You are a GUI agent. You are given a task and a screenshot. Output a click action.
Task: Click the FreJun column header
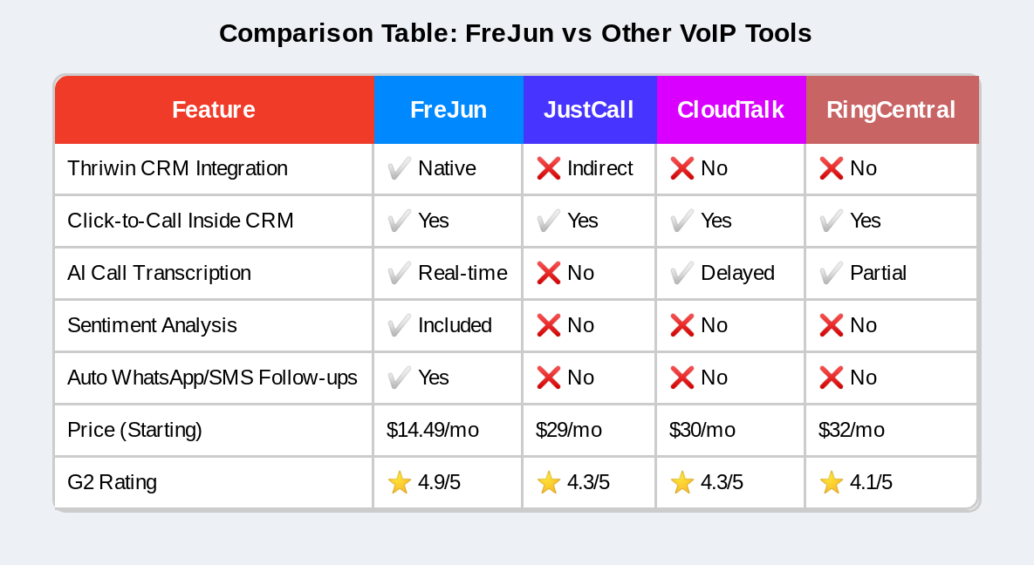click(x=449, y=110)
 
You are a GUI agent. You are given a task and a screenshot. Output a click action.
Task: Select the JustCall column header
click(x=588, y=110)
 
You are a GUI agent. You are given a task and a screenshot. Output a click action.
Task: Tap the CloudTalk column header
click(x=730, y=110)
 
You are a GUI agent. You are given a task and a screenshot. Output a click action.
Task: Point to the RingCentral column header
click(x=890, y=110)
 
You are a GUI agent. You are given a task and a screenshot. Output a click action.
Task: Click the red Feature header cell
click(x=214, y=110)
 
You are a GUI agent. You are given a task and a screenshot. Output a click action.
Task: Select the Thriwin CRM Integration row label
click(x=177, y=168)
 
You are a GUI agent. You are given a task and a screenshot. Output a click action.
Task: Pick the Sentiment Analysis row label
click(x=152, y=325)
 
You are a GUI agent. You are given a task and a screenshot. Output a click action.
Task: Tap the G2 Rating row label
click(x=112, y=482)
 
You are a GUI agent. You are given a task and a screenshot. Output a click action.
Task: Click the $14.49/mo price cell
click(x=433, y=430)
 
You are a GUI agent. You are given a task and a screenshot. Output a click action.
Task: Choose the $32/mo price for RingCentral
click(x=852, y=430)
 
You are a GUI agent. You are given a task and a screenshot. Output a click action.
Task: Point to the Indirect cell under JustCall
click(x=599, y=168)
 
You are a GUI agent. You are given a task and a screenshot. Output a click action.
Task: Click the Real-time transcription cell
click(x=462, y=273)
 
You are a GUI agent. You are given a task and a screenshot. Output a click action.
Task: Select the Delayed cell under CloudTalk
click(x=737, y=273)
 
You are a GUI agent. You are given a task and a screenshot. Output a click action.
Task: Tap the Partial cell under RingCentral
click(x=878, y=273)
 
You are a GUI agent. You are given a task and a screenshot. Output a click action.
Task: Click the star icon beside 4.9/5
click(x=400, y=482)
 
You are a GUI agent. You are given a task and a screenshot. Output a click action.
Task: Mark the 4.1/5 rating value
click(x=871, y=482)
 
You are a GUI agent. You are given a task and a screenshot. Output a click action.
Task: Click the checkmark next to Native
click(x=400, y=168)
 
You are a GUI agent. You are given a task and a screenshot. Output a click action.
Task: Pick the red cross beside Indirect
click(x=549, y=168)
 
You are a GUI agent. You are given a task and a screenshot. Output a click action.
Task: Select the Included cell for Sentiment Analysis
click(x=455, y=325)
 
